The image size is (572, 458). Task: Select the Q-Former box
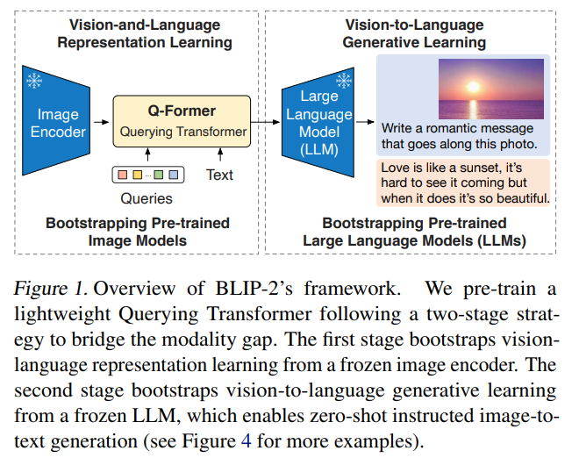tap(182, 122)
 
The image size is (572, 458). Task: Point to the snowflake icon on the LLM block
tap(345, 82)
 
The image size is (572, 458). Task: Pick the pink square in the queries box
tap(122, 175)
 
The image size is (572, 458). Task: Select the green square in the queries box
tap(158, 175)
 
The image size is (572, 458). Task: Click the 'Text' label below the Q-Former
tap(219, 175)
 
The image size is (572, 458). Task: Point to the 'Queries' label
tap(147, 198)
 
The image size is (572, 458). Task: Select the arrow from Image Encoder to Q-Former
tap(103, 123)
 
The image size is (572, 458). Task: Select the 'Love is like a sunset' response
tap(462, 181)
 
